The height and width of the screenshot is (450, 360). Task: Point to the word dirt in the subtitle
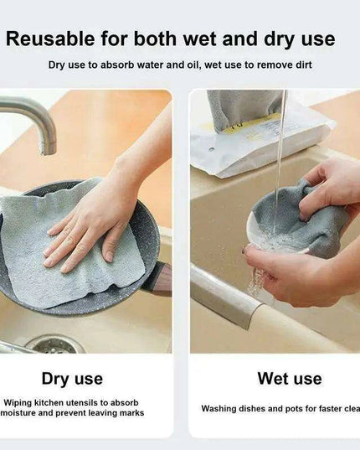[x=299, y=64]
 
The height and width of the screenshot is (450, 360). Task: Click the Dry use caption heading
[x=72, y=379]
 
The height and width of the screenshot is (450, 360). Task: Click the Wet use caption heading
[x=289, y=379]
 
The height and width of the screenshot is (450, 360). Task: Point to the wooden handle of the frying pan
[x=157, y=277]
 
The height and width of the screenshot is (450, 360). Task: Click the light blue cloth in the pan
[x=42, y=243]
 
